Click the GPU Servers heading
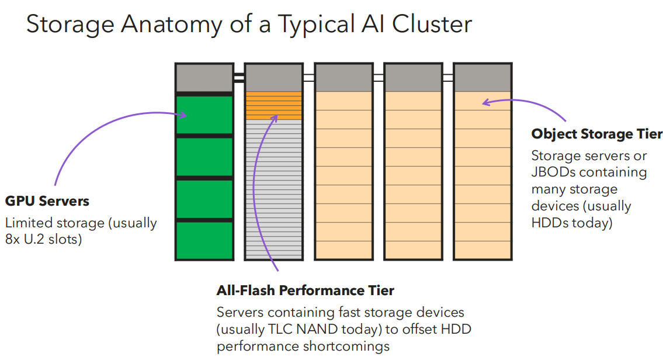coord(47,202)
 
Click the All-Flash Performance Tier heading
coord(305,290)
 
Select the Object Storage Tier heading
coord(596,134)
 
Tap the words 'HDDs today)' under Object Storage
coord(571,223)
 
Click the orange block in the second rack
coord(273,106)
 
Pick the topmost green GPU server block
coord(204,115)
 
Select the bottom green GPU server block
coord(204,240)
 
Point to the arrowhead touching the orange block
coord(274,118)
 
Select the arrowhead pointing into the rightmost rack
coord(485,103)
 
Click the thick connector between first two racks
coord(238,77)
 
